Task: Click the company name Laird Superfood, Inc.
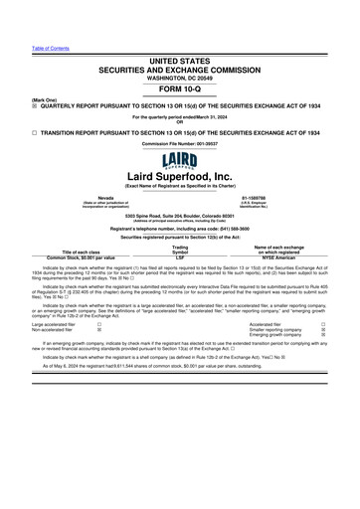(179, 176)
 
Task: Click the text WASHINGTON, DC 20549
(179, 79)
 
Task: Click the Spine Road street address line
(179, 215)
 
